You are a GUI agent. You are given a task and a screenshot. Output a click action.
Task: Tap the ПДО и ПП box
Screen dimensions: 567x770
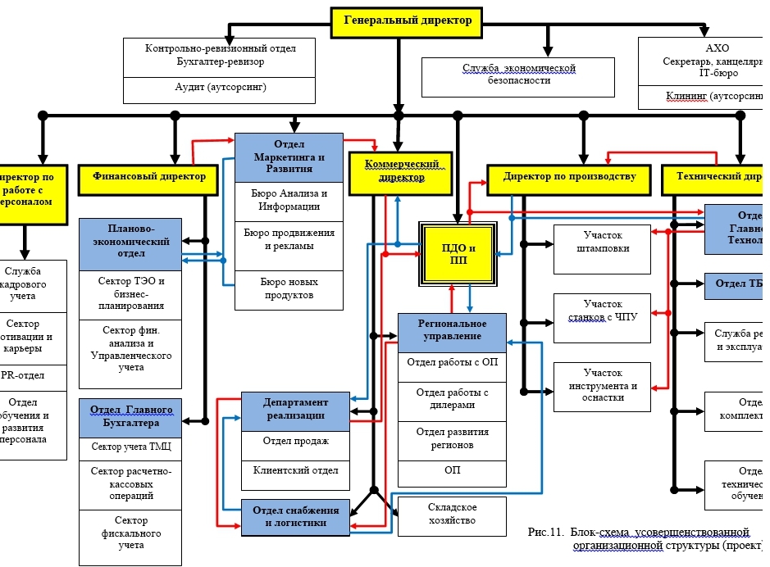pos(459,254)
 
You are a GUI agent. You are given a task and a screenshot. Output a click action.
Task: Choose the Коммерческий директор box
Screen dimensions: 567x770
pos(397,170)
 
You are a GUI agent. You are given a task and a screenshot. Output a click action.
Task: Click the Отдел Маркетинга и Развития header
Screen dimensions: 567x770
pos(289,156)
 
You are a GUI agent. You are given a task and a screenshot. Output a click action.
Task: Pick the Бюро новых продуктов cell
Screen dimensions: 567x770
pos(289,289)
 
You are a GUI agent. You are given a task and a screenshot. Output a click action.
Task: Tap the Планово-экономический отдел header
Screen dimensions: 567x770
pos(131,243)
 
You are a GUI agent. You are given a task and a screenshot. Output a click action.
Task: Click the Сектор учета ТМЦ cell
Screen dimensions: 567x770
pos(131,447)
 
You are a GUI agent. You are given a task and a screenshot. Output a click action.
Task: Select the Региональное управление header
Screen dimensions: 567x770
pos(453,331)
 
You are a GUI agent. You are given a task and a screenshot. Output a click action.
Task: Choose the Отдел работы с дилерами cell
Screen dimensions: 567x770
pos(453,400)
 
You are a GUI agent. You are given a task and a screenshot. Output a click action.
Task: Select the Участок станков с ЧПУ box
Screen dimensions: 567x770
pos(602,312)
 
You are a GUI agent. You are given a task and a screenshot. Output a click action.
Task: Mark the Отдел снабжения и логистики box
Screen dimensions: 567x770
pos(296,517)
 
